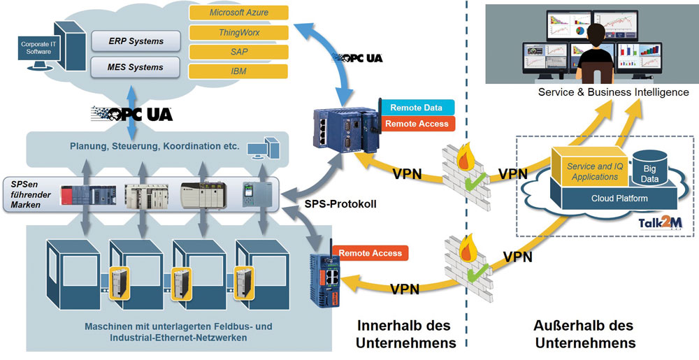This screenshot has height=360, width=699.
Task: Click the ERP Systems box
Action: click(x=136, y=41)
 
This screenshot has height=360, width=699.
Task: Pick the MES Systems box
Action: click(x=136, y=68)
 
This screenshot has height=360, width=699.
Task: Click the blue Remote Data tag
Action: click(x=417, y=108)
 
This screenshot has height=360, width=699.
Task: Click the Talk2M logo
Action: click(x=658, y=222)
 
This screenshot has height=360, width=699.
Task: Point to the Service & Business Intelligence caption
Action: click(x=613, y=92)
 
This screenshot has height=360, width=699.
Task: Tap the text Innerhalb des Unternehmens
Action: click(x=403, y=334)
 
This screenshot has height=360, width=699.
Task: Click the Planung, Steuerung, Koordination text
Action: click(x=154, y=147)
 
